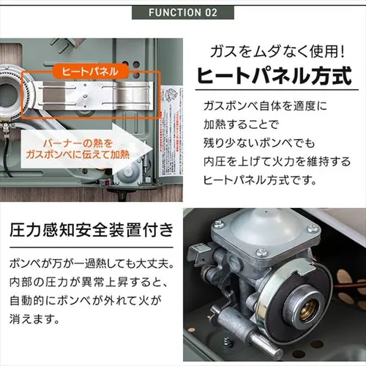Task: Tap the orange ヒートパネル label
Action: [86, 72]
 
